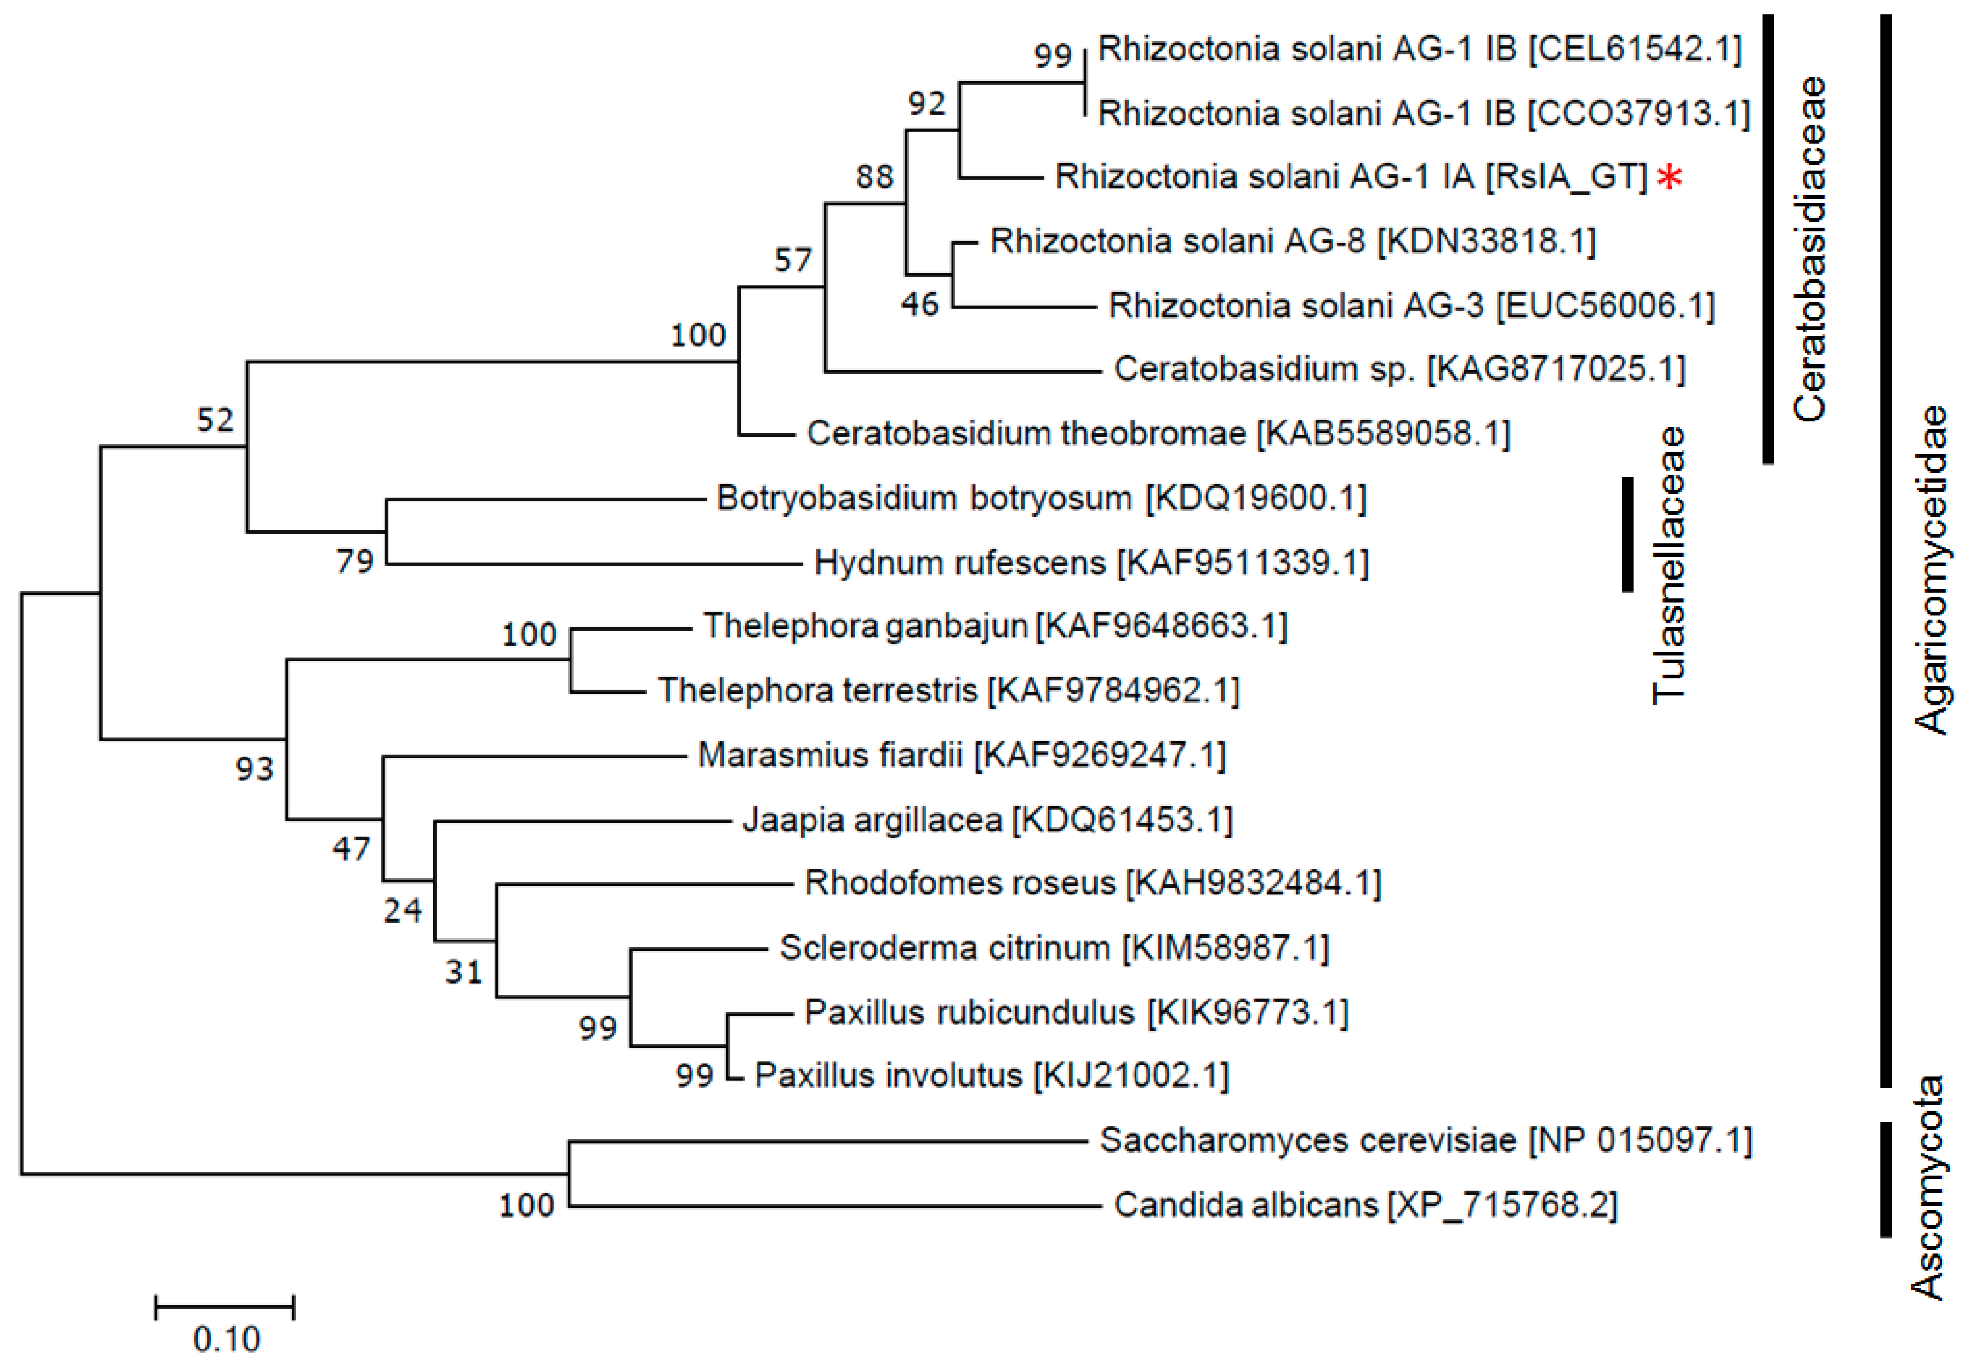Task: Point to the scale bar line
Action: (224, 1306)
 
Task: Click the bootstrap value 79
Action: (355, 561)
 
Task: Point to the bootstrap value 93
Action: (254, 769)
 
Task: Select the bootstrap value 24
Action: (402, 911)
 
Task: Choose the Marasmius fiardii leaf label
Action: (961, 756)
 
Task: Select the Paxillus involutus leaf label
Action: (991, 1076)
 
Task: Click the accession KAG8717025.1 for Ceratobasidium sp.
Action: (1556, 369)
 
